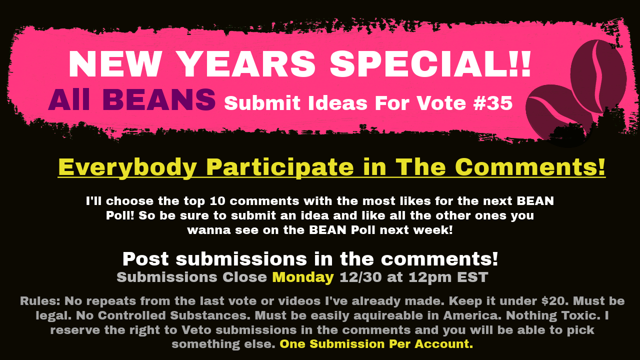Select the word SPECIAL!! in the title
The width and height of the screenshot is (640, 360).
pyautogui.click(x=430, y=64)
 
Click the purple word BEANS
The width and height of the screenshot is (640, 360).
pyautogui.click(x=159, y=99)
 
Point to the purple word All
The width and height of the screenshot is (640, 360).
pyautogui.click(x=69, y=99)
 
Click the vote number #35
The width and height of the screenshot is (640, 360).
pyautogui.click(x=493, y=103)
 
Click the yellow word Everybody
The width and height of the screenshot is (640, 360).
pyautogui.click(x=127, y=167)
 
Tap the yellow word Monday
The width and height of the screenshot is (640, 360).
pyautogui.click(x=303, y=277)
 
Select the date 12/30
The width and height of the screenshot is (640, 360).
pyautogui.click(x=360, y=277)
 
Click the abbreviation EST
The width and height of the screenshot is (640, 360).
pyautogui.click(x=472, y=277)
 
